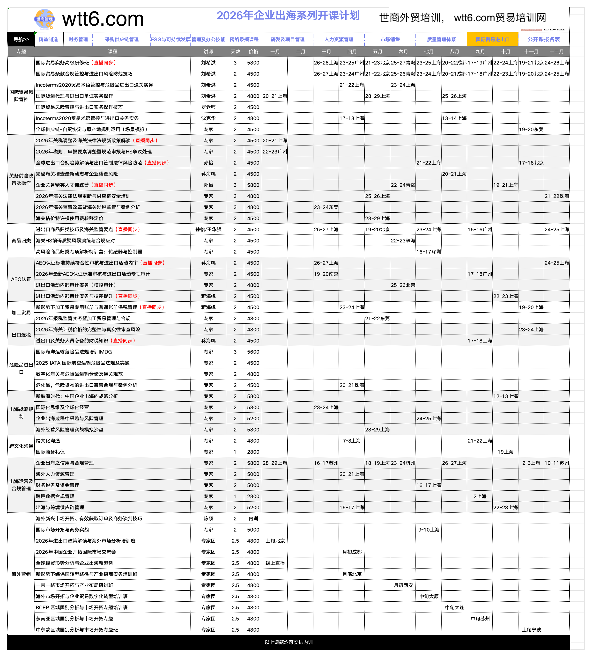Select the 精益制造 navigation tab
[48, 39]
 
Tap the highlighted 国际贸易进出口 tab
[492, 39]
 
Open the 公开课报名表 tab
[544, 39]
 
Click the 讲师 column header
[208, 51]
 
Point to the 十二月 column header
[556, 51]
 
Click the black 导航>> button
[21, 39]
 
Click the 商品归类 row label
[21, 241]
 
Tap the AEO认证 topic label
[21, 279]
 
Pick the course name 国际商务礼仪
[50, 452]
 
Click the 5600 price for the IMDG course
[253, 352]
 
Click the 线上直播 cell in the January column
[275, 563]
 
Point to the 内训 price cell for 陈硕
[253, 518]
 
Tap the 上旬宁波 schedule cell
[531, 630]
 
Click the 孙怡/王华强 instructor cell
[208, 229]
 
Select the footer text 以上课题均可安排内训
[289, 642]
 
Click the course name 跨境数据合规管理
[55, 496]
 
